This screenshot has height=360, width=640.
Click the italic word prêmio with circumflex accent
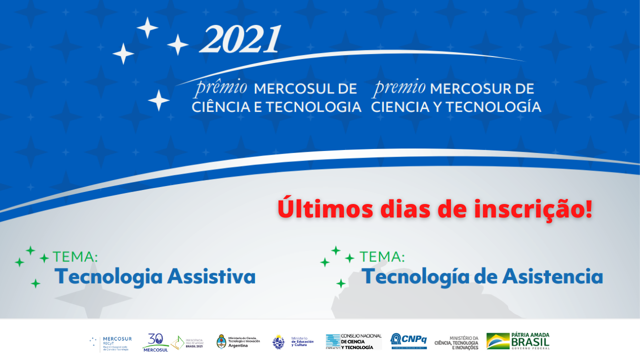[220, 87]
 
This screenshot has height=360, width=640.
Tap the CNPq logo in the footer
[408, 341]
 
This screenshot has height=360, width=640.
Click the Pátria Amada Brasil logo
[518, 341]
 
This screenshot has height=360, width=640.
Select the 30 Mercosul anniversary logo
[155, 342]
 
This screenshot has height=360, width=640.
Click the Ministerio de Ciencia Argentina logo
[238, 341]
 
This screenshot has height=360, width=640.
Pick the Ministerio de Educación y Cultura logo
[293, 342]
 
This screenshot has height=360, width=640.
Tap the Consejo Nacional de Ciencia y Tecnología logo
[353, 341]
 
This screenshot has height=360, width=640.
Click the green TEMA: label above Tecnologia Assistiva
[75, 257]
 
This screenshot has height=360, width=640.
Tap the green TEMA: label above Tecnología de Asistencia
[382, 257]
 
